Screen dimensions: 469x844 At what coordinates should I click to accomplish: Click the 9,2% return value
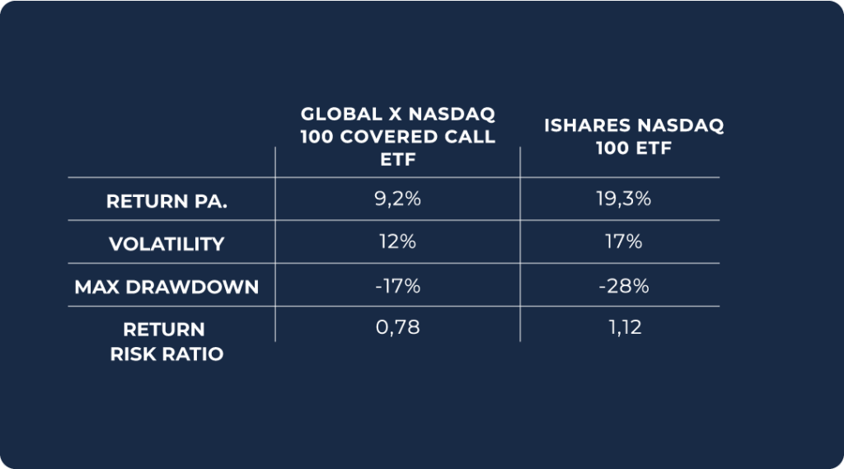point(397,199)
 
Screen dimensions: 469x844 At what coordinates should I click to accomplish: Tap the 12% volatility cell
point(397,242)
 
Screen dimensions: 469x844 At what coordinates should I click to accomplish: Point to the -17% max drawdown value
point(397,286)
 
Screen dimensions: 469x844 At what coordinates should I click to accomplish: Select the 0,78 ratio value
point(397,328)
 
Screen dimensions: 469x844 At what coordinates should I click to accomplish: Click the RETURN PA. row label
point(166,202)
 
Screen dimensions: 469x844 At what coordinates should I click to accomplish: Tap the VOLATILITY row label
point(166,244)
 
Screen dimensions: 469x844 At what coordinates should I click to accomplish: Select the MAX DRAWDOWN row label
point(166,287)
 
